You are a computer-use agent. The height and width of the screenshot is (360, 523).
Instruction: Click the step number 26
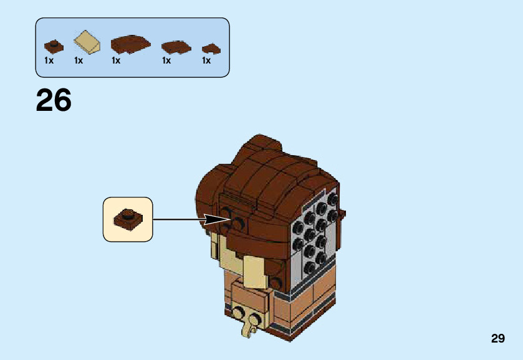coord(54,100)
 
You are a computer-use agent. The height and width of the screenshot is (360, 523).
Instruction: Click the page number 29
coord(497,339)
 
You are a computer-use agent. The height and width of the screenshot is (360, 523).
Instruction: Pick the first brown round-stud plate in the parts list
coord(54,45)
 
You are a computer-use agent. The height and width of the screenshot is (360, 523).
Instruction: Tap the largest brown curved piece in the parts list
coord(131,44)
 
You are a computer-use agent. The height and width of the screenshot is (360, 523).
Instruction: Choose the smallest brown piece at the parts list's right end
coord(211,48)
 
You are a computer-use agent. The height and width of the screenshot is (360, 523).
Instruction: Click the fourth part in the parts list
coord(176,46)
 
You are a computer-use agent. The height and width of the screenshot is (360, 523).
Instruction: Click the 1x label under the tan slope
coord(79,61)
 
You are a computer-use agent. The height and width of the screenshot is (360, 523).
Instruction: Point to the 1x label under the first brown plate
coord(49,61)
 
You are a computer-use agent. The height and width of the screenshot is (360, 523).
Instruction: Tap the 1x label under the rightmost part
coord(206,61)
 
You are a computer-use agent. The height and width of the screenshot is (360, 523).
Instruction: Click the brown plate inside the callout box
coord(128,219)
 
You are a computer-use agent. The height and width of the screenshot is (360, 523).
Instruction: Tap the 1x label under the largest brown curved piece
coord(116,61)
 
